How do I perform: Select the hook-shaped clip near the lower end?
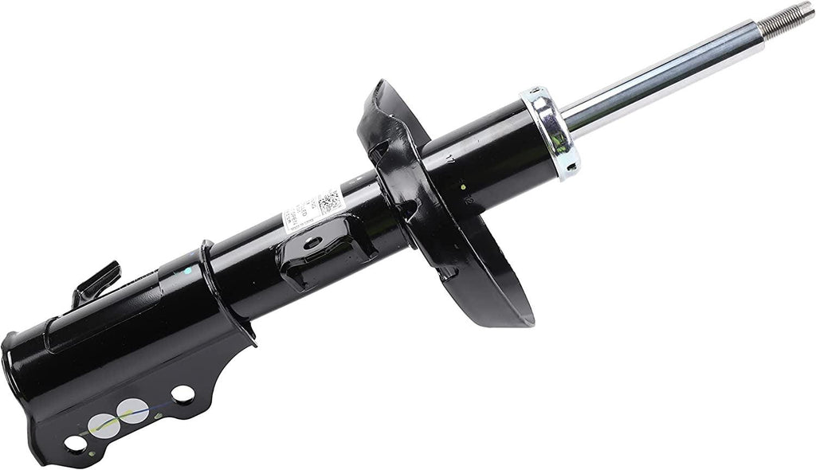point(96,284)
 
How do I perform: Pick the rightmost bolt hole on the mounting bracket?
point(182,394)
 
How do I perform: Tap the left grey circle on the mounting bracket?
point(101,424)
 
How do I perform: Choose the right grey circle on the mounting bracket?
point(131,410)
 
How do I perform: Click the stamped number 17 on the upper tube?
point(451,163)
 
